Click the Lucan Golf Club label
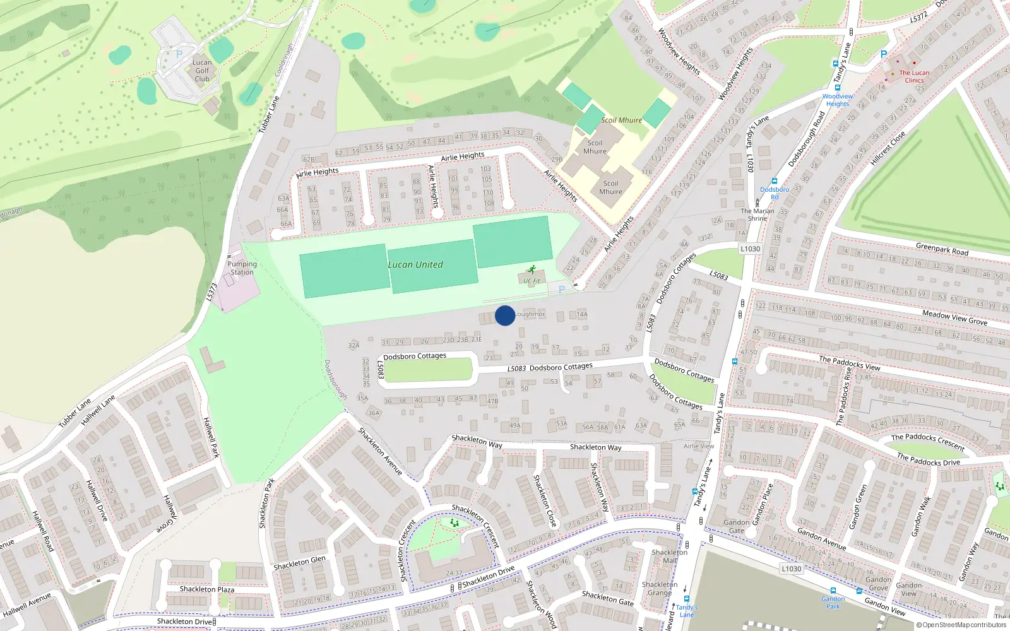(202, 71)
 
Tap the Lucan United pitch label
(415, 265)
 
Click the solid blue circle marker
(505, 315)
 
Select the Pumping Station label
(242, 268)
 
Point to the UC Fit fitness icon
(532, 269)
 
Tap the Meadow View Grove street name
(954, 317)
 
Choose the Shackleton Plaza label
(207, 589)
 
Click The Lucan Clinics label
(914, 76)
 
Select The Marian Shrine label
(757, 215)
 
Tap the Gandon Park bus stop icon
(833, 591)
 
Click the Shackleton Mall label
(670, 556)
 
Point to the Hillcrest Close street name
(888, 149)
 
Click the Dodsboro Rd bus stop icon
(775, 182)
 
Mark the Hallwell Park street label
(211, 437)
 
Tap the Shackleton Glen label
(299, 563)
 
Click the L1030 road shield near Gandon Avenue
(791, 569)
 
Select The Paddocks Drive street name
(928, 459)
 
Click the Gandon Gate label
(737, 526)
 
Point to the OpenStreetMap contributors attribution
(961, 625)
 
